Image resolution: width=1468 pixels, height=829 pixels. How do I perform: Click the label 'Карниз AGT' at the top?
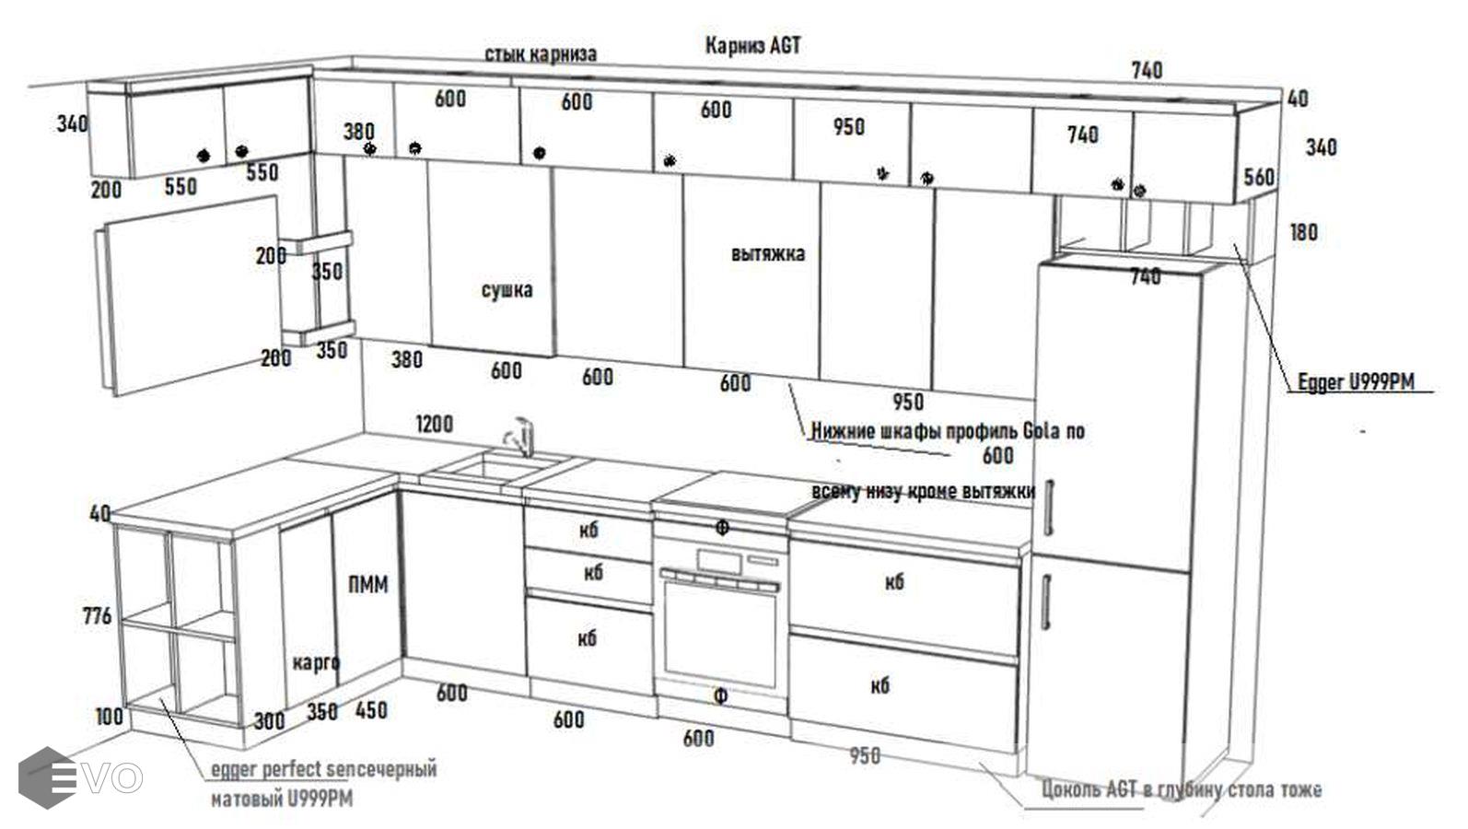coord(752,45)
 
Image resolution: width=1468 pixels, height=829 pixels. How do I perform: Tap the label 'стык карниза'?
coord(541,54)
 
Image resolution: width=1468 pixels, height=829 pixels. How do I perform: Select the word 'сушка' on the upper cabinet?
coord(507,290)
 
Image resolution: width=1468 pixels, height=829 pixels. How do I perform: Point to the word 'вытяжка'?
coord(768,253)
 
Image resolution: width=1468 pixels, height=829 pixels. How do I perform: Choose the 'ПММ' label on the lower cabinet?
coord(368,585)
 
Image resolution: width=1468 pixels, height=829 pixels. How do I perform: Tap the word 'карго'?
coord(316,662)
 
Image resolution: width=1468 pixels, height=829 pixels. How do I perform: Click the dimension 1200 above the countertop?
coord(434,424)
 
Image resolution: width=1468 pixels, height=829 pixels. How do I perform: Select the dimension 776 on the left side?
coord(97,615)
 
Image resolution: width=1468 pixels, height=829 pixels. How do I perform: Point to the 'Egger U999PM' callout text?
coord(1356,381)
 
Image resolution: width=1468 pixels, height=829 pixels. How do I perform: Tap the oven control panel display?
coord(719,560)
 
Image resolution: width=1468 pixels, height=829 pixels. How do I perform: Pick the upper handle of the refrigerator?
coord(1050,506)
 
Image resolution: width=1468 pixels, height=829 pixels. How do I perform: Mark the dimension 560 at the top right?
coord(1259,177)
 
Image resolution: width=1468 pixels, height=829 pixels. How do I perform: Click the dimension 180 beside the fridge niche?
coord(1303,232)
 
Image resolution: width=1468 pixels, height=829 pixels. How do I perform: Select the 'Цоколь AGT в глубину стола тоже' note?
coord(1182,789)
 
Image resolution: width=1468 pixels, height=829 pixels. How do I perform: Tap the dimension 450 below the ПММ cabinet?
coord(371,710)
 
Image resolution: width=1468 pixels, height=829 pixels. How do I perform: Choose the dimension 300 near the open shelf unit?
coord(269,720)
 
